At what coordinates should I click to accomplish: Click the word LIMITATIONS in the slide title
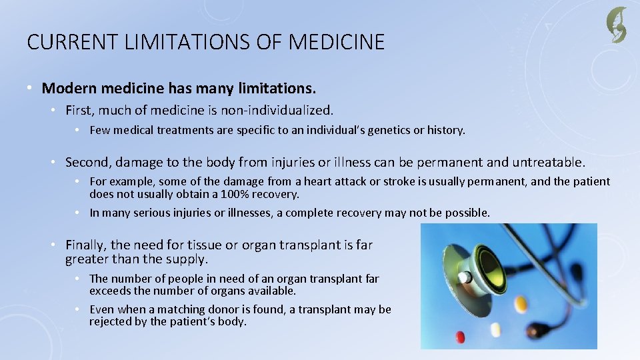point(171,43)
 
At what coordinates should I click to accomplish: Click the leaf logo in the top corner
point(616,25)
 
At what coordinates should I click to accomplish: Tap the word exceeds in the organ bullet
point(109,291)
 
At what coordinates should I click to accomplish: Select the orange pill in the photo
point(521,304)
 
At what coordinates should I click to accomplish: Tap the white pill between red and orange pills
point(495,329)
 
